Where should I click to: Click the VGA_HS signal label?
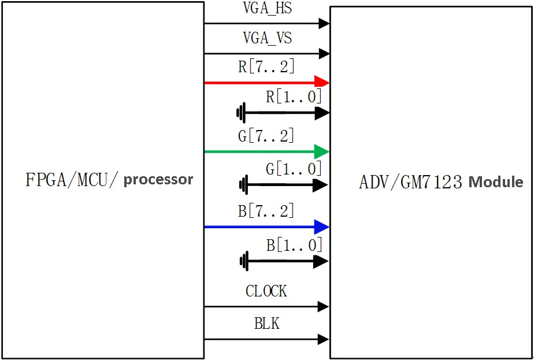[x=268, y=9]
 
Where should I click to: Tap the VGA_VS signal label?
[x=268, y=38]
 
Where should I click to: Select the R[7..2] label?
[x=266, y=67]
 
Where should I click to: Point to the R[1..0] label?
[x=294, y=97]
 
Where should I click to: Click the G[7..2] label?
[x=266, y=136]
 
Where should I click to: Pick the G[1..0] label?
[x=294, y=169]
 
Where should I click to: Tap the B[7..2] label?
[x=266, y=211]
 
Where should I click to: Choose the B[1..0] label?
[x=294, y=245]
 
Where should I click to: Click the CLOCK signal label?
[x=266, y=291]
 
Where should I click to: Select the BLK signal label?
[x=267, y=323]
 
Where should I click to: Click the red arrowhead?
[x=322, y=83]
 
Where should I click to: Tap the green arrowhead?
[x=322, y=151]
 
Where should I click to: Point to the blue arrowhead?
[x=322, y=227]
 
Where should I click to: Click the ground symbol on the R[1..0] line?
[x=241, y=113]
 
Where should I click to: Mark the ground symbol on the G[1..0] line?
[x=243, y=185]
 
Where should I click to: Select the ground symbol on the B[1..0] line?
[x=244, y=261]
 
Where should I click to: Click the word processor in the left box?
[x=158, y=180]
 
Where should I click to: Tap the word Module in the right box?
[x=496, y=182]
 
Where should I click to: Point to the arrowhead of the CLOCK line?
[x=323, y=306]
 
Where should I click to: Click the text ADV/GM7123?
[x=411, y=182]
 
